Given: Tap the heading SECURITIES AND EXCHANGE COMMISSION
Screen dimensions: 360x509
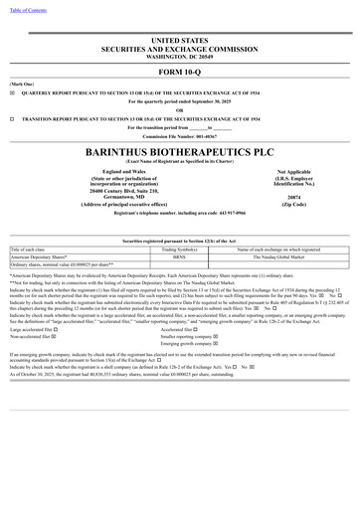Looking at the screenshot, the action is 180,48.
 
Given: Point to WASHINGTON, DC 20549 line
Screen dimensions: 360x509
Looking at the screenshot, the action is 180,56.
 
